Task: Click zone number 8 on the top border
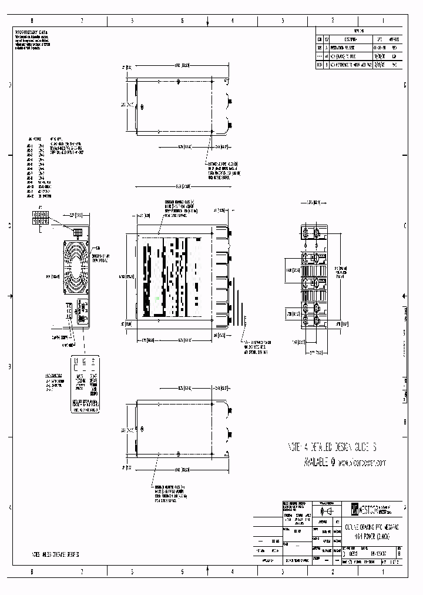[32, 21]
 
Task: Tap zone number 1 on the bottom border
[383, 571]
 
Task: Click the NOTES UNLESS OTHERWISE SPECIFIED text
[55, 554]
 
